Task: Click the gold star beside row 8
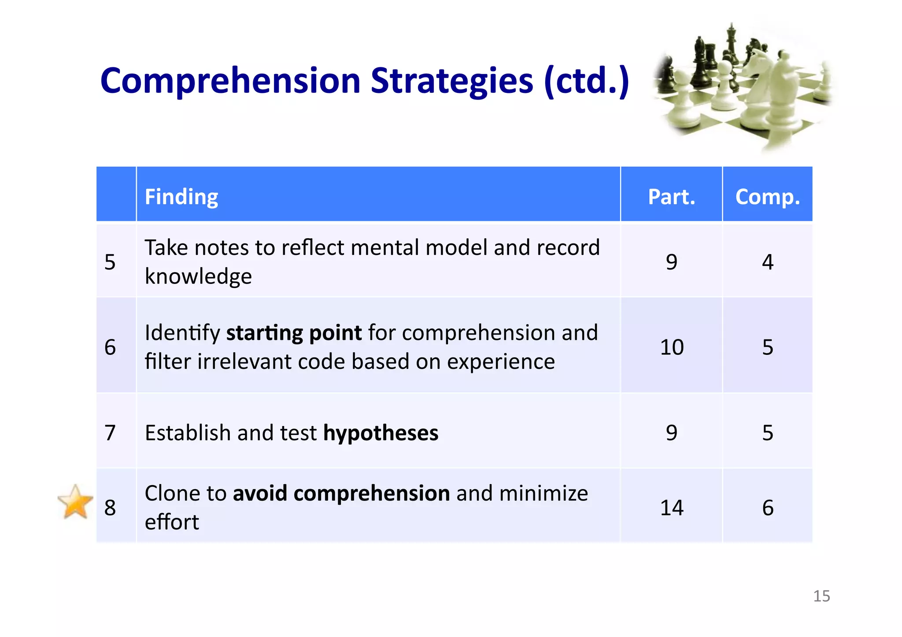point(75,502)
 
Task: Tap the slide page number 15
point(821,596)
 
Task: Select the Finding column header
point(181,196)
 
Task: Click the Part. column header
point(671,196)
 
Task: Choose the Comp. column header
point(767,196)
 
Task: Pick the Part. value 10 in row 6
point(672,347)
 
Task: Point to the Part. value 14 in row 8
point(672,508)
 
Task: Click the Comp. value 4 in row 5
point(768,262)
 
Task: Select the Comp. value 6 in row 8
point(768,508)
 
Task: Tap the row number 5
point(110,262)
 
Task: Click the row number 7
point(110,432)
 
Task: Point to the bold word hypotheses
point(381,432)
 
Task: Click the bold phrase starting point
point(294,333)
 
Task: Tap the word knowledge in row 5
point(198,276)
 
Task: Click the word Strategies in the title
point(452,81)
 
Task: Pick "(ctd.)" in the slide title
point(586,81)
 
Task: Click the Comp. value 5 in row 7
point(768,432)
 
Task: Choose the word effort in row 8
point(172,522)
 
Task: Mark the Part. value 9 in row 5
point(671,262)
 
